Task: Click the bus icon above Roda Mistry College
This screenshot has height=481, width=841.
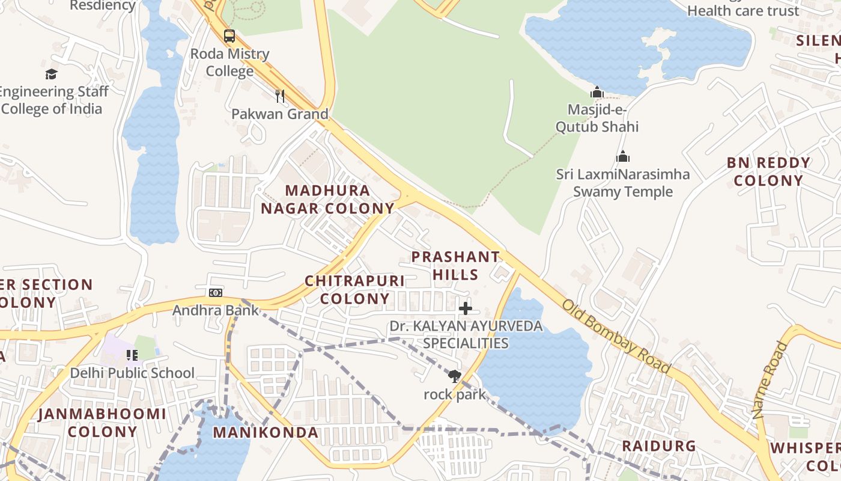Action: click(x=229, y=36)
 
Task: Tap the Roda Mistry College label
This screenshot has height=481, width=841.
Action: click(x=229, y=63)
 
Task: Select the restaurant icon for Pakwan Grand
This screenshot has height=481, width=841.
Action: click(x=279, y=96)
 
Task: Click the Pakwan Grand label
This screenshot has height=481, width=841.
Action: click(x=280, y=114)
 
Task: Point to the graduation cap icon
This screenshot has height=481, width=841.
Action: click(x=52, y=74)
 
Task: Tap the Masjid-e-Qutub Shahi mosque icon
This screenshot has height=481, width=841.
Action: click(x=597, y=93)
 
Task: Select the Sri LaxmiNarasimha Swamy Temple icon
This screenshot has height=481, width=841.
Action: click(x=623, y=157)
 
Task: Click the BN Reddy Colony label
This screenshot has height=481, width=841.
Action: click(x=768, y=171)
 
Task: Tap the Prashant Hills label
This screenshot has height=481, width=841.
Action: click(x=455, y=266)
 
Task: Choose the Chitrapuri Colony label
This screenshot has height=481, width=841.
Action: click(x=354, y=290)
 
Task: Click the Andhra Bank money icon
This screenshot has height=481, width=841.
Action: click(x=216, y=293)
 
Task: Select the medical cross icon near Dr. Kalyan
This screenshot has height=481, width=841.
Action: click(x=466, y=309)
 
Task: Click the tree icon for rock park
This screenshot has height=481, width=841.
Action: click(x=455, y=377)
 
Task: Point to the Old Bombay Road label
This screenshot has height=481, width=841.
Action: click(x=615, y=335)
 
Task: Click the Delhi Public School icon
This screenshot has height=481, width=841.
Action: click(x=132, y=355)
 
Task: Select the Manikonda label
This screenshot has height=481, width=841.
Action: click(x=266, y=432)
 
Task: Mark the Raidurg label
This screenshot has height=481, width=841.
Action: click(x=658, y=446)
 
